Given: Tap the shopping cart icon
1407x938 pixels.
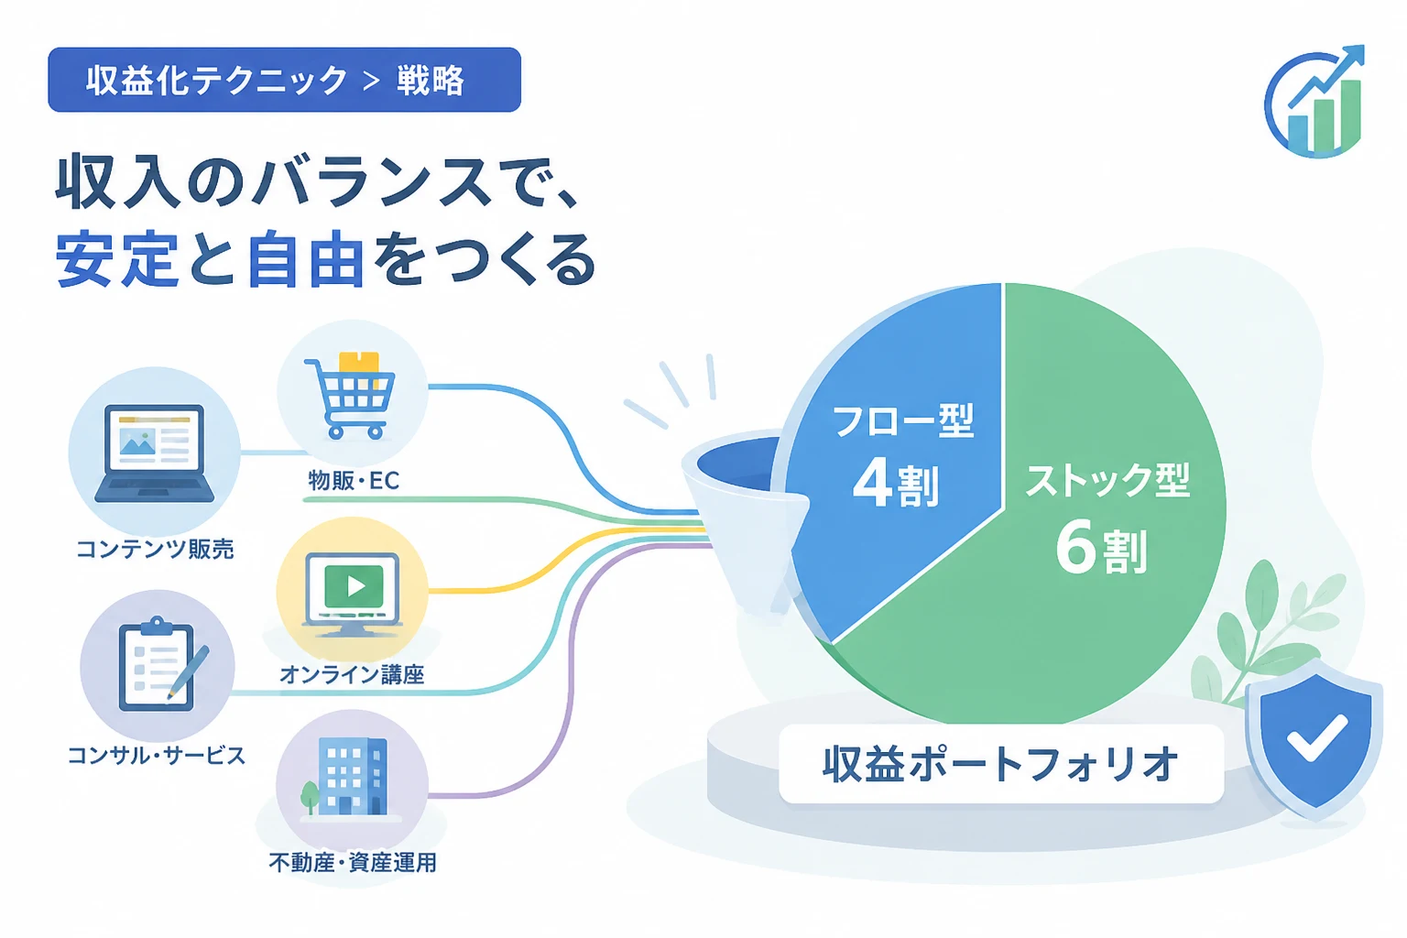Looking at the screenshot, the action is coord(350,396).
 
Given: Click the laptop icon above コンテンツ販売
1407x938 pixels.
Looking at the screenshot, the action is coord(155,453).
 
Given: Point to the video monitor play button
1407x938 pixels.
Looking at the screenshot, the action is coord(355,586).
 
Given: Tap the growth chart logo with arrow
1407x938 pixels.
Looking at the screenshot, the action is coord(1314,101).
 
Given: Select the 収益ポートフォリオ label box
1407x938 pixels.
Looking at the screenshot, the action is coord(1001,764).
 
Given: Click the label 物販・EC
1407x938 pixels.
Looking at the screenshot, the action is coord(354,481).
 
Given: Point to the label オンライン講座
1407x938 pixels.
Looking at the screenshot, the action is coord(352,675).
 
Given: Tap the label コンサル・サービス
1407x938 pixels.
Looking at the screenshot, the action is coord(157,755).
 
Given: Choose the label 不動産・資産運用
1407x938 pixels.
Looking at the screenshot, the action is coord(353,863).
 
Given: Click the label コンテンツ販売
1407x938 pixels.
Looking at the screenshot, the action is coord(155,549).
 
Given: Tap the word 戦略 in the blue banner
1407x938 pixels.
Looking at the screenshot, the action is coord(431,81).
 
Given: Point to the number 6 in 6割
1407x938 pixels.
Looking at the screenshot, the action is coord(1075,549).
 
